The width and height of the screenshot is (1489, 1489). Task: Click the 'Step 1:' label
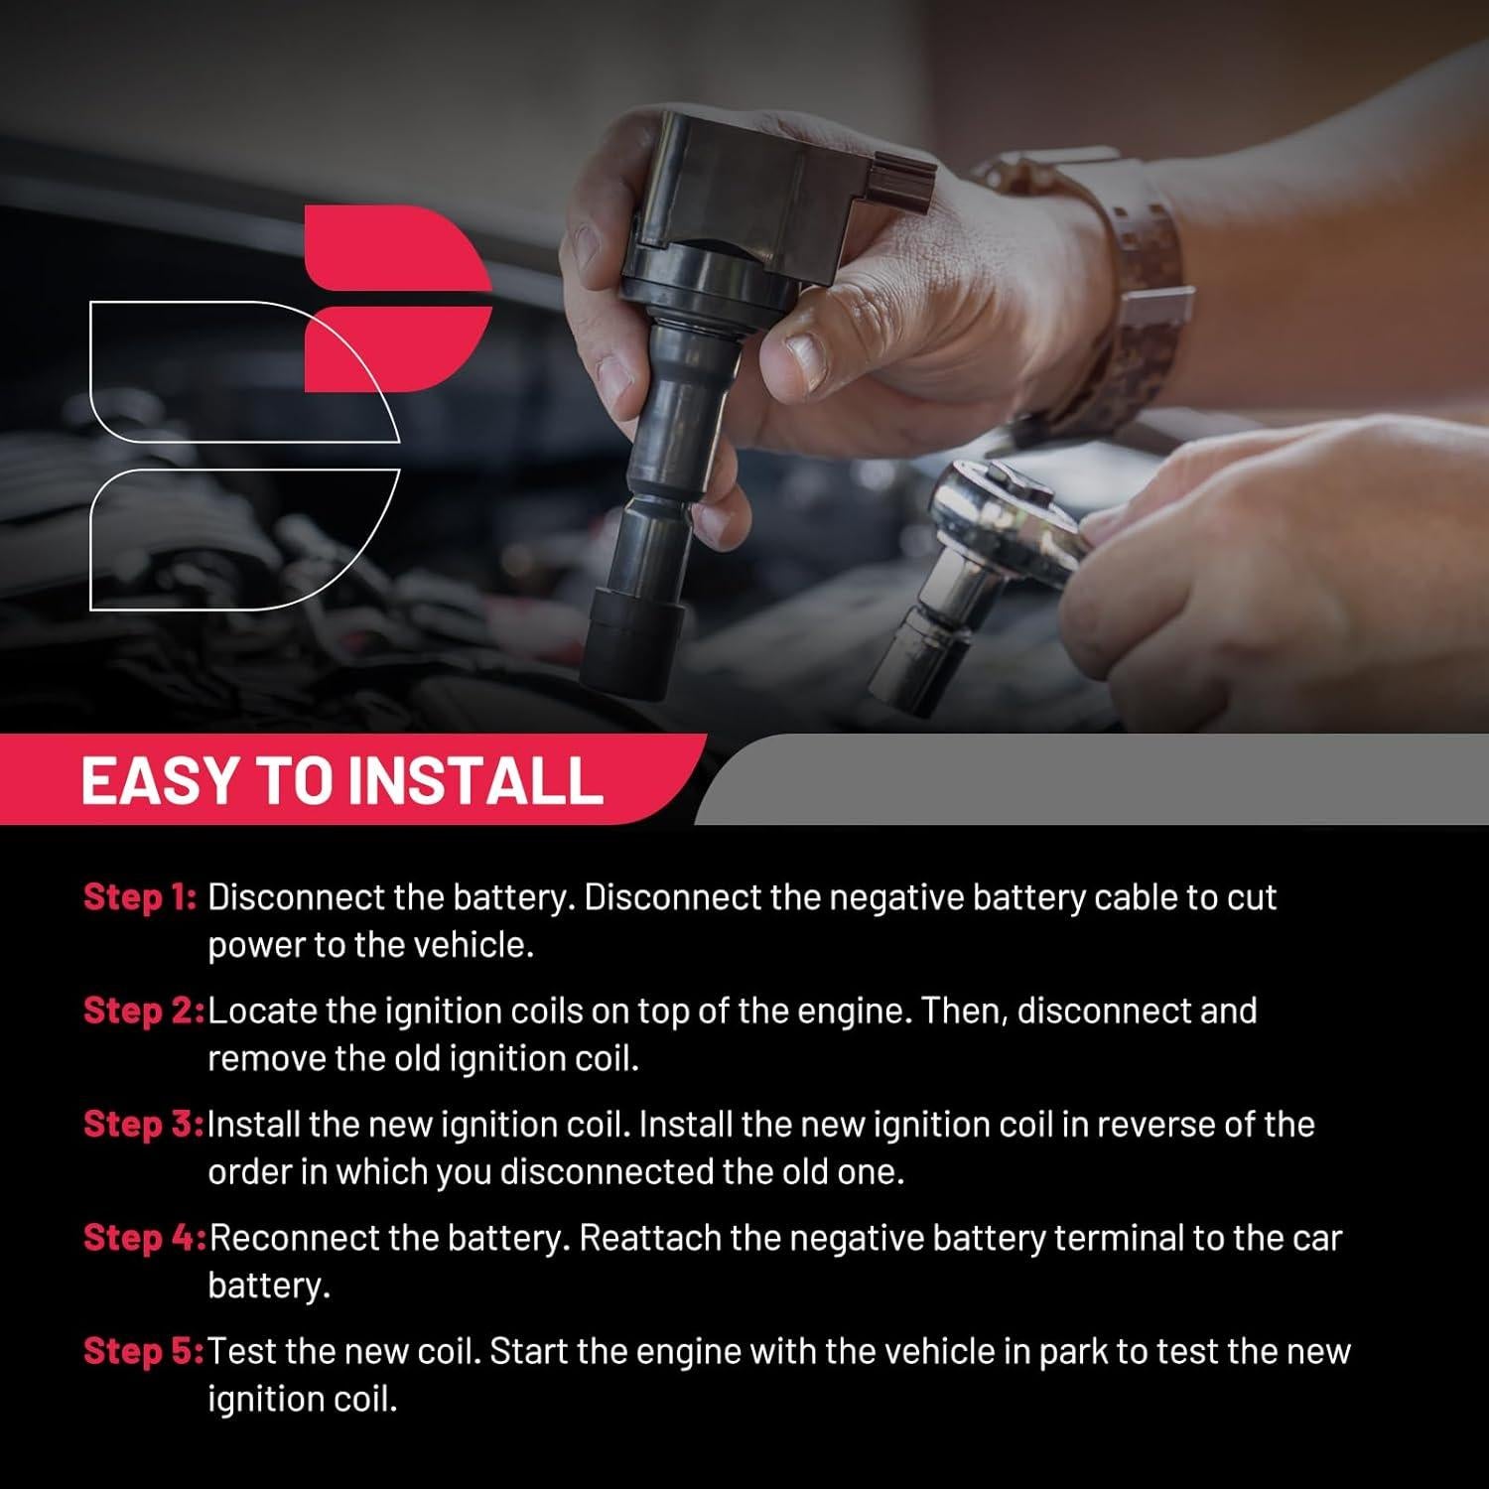[140, 896]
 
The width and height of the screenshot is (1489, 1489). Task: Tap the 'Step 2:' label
[143, 1010]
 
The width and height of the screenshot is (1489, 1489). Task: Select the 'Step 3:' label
[143, 1124]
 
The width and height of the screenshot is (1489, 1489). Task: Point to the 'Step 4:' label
[144, 1237]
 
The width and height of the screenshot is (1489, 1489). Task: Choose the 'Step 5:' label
[143, 1351]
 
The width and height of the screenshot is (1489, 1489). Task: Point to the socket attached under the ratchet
[923, 635]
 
